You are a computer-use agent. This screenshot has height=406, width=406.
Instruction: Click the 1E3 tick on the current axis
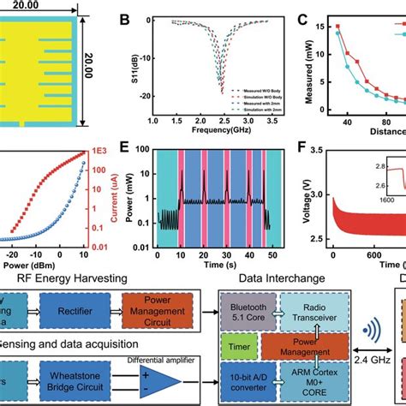point(104,156)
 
